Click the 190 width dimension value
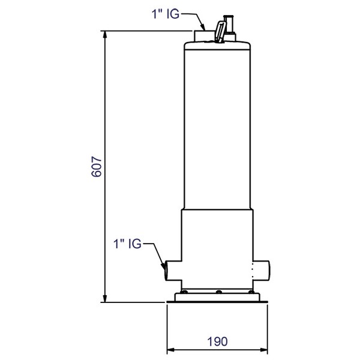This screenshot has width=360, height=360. (x=218, y=341)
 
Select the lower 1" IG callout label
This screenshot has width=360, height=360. (x=127, y=244)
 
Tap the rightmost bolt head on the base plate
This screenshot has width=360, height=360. (x=249, y=292)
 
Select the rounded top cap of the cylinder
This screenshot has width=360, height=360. (x=218, y=44)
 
